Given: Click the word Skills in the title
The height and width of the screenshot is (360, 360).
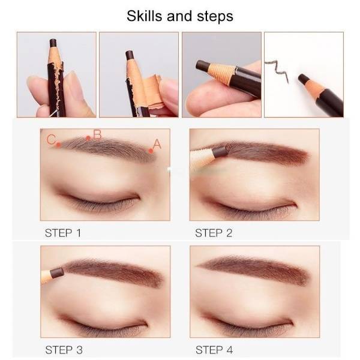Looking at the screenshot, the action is [x=145, y=16].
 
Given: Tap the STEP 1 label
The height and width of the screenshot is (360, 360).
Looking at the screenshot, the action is [x=63, y=233].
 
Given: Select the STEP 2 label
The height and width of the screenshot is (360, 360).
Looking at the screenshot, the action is [x=214, y=233].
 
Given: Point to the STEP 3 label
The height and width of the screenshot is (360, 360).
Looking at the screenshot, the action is [x=64, y=350].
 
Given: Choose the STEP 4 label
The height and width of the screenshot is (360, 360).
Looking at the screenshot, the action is [x=214, y=350].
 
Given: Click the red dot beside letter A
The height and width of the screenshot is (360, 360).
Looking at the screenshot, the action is [x=151, y=151].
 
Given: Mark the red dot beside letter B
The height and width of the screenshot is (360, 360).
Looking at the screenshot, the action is [x=88, y=138].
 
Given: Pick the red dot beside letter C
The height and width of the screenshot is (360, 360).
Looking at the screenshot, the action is [x=59, y=145].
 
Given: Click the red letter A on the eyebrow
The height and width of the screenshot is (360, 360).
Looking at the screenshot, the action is [x=157, y=144].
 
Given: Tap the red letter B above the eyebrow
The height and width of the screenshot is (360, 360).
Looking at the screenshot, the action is [x=97, y=135].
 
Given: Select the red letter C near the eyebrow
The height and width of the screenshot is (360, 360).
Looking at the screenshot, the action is [x=51, y=139].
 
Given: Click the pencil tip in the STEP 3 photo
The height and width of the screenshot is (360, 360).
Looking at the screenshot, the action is [x=57, y=273].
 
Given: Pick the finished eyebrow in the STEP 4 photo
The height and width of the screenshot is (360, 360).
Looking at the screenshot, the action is [x=253, y=270].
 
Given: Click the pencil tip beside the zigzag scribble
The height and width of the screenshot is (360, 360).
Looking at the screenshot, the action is [x=304, y=79].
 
